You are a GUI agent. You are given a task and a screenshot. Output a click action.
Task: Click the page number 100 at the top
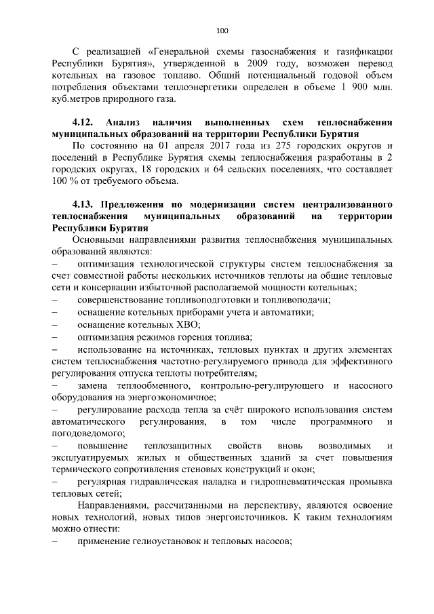[x=222, y=30]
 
